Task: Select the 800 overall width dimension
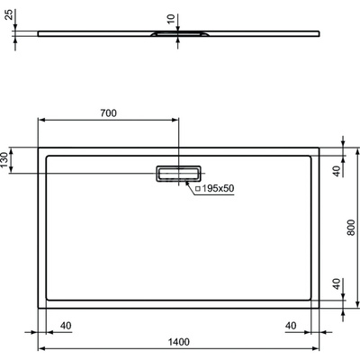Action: [x=350, y=228]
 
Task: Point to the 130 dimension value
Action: [x=6, y=160]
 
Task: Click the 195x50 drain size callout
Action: [x=219, y=188]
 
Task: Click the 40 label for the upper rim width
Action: [x=337, y=171]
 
